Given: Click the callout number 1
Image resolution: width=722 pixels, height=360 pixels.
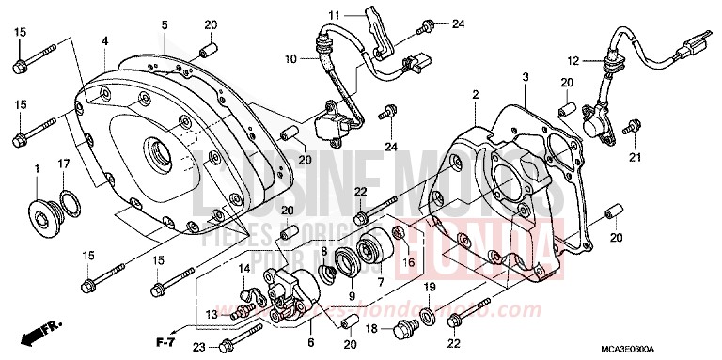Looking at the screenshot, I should point(37,168).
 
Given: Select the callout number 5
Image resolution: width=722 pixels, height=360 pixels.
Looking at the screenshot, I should point(164,24).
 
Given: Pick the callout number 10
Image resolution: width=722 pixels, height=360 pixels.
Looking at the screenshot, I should point(291,59).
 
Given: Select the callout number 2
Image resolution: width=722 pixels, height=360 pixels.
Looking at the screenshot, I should point(476,94).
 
